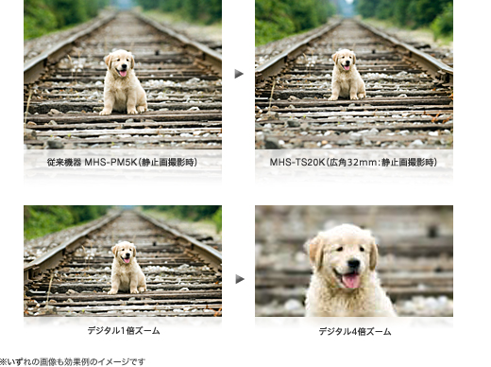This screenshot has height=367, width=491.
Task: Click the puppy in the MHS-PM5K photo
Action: (123, 82)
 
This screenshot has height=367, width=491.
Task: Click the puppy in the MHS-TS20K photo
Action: (347, 75)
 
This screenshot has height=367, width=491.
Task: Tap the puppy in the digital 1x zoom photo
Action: (127, 268)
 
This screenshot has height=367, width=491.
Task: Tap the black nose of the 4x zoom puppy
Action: (354, 264)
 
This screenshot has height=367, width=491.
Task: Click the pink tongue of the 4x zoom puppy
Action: (351, 281)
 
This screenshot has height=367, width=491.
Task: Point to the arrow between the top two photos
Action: (239, 74)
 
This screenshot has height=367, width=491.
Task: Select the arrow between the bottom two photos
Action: (240, 279)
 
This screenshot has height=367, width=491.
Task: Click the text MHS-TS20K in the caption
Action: (296, 163)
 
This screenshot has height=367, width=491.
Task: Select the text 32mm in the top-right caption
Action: (361, 163)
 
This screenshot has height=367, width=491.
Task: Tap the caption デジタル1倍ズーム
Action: (124, 331)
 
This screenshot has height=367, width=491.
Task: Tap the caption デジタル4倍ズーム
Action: (355, 331)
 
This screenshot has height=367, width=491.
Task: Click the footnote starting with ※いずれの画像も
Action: (73, 361)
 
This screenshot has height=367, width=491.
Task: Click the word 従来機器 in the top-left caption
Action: (64, 163)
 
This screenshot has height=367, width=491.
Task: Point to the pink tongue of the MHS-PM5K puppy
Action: (123, 74)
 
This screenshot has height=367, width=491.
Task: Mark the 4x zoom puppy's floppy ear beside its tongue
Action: (373, 253)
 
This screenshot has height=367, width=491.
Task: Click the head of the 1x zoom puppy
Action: (125, 253)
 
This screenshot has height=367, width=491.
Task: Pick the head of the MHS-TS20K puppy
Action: (345, 60)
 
